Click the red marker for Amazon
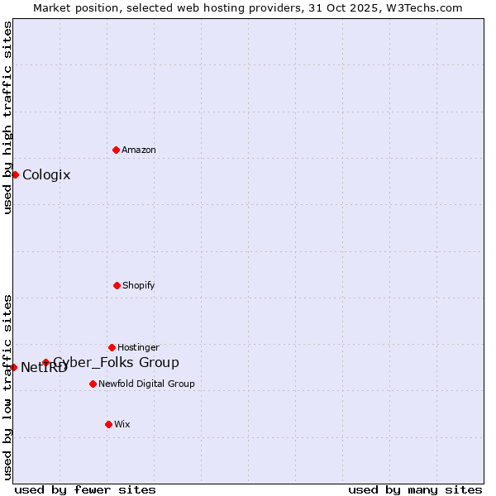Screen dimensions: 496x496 [116, 150]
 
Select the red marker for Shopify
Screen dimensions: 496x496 [117, 285]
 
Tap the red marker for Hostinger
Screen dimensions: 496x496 [112, 347]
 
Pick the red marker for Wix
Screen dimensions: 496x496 [108, 424]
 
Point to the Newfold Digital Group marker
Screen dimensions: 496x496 [93, 384]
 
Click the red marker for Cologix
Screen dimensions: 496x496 [15, 174]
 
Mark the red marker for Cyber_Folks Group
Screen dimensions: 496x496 [45, 362]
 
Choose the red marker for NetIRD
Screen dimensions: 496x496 [13, 367]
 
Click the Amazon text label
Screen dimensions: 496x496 [139, 150]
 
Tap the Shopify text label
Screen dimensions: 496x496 [139, 285]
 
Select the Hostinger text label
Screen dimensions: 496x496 [138, 347]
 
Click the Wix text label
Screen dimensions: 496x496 [122, 424]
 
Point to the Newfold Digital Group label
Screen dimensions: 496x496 [146, 384]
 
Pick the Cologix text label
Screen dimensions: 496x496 [46, 174]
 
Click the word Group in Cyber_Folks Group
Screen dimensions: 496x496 [159, 362]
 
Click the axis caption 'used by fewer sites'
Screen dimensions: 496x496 [85, 489]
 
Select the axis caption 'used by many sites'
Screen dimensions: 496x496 [415, 489]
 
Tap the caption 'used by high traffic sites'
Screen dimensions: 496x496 [7, 118]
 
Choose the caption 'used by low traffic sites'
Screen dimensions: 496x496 [7, 387]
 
